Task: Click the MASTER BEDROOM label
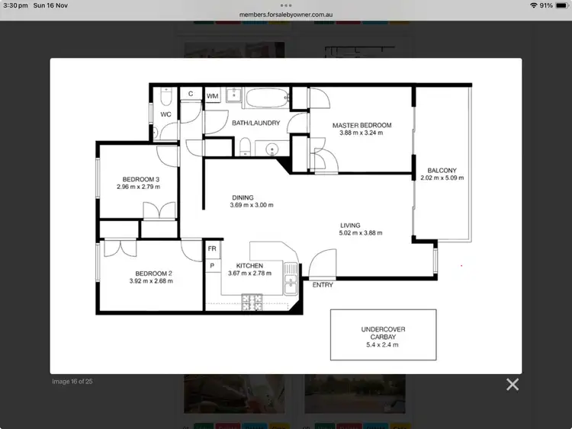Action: pyautogui.click(x=362, y=125)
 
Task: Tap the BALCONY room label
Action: pyautogui.click(x=442, y=170)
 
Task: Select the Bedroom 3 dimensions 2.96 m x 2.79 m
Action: pyautogui.click(x=138, y=187)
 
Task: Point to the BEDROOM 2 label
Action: pyautogui.click(x=154, y=273)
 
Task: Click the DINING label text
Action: pyautogui.click(x=243, y=197)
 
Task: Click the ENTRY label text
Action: pyautogui.click(x=323, y=285)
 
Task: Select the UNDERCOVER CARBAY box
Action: pyautogui.click(x=383, y=335)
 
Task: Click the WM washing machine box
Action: pyautogui.click(x=212, y=96)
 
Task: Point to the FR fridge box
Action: pyautogui.click(x=212, y=249)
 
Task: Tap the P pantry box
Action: pyautogui.click(x=212, y=265)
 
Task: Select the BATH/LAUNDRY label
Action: pyautogui.click(x=255, y=123)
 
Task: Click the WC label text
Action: pyautogui.click(x=165, y=114)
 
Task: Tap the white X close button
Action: pyautogui.click(x=513, y=384)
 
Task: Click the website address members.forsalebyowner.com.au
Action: pyautogui.click(x=286, y=14)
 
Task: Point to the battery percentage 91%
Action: pyautogui.click(x=546, y=5)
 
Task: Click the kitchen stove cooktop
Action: pyautogui.click(x=252, y=303)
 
